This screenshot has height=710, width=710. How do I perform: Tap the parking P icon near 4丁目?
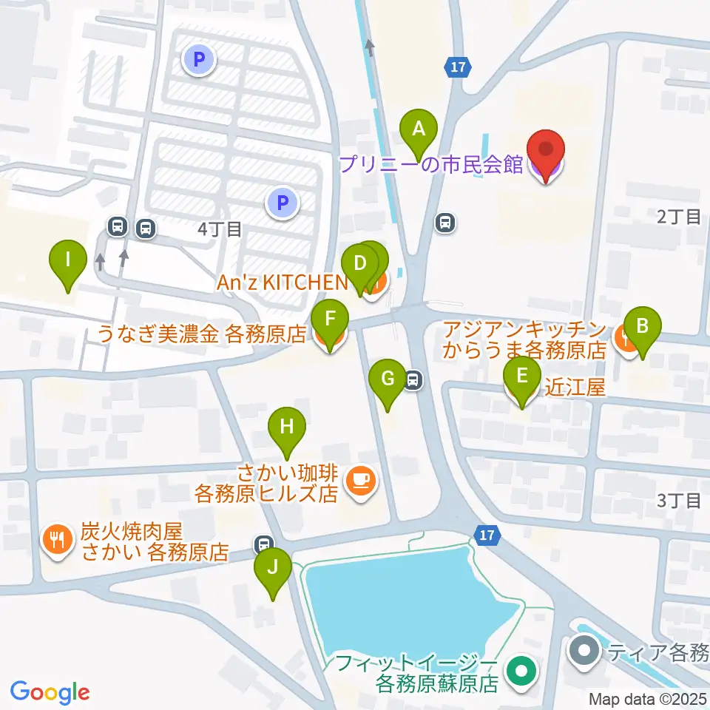coord(282,202)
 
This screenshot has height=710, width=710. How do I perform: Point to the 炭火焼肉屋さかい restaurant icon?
coord(56,540)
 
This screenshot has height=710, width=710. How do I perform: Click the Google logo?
coord(49,692)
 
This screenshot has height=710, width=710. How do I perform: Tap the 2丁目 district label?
coord(678,217)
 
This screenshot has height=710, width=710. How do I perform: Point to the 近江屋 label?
coord(575,386)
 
